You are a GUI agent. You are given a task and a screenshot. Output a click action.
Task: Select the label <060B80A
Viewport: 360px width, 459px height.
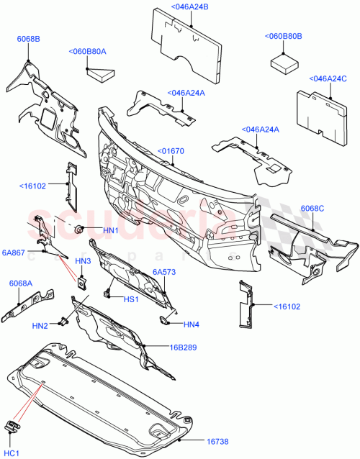87,52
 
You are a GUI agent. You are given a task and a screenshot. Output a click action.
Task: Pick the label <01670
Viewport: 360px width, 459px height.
171,152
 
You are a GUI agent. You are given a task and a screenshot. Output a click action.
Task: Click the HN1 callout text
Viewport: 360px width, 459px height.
110,230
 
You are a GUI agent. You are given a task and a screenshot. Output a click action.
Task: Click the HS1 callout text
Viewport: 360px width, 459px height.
130,300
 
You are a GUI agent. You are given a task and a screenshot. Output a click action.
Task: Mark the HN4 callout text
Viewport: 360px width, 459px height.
191,324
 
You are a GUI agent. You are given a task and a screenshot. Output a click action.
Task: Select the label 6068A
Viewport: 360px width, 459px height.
20,283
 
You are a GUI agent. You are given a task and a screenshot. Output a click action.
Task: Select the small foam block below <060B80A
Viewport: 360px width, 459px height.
100,71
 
